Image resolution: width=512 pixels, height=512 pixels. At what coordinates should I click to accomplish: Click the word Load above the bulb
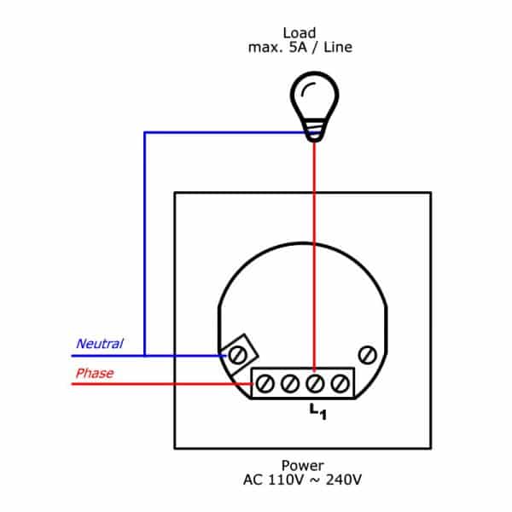[300, 33]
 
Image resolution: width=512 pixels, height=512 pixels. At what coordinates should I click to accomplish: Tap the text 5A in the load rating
[298, 47]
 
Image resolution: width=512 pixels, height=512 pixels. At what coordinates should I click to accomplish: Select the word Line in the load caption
[338, 47]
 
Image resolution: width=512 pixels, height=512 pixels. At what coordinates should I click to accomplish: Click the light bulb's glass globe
[314, 96]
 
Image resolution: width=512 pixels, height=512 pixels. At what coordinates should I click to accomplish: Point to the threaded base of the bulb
[314, 131]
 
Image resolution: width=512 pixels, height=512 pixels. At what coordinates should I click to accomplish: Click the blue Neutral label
[100, 344]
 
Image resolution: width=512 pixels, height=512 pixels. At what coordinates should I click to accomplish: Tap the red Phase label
[95, 373]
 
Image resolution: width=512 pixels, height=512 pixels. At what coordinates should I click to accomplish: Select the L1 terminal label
[317, 411]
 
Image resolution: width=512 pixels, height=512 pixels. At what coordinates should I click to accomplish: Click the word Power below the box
[302, 465]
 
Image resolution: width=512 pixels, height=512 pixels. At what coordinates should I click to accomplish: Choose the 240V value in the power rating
[344, 480]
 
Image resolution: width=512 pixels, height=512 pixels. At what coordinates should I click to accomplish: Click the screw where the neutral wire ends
[237, 355]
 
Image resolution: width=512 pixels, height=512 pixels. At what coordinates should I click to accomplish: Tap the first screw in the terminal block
[265, 384]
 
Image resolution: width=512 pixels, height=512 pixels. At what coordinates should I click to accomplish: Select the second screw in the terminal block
[290, 384]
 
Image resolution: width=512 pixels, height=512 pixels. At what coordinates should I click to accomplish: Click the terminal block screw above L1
[315, 384]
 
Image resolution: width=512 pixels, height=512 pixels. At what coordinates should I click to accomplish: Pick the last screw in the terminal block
[340, 384]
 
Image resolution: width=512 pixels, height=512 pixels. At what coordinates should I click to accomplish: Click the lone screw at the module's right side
[367, 355]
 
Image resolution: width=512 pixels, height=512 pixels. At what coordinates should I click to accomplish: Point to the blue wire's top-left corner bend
[145, 132]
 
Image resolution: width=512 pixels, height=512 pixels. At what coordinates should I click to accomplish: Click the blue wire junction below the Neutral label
[145, 356]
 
